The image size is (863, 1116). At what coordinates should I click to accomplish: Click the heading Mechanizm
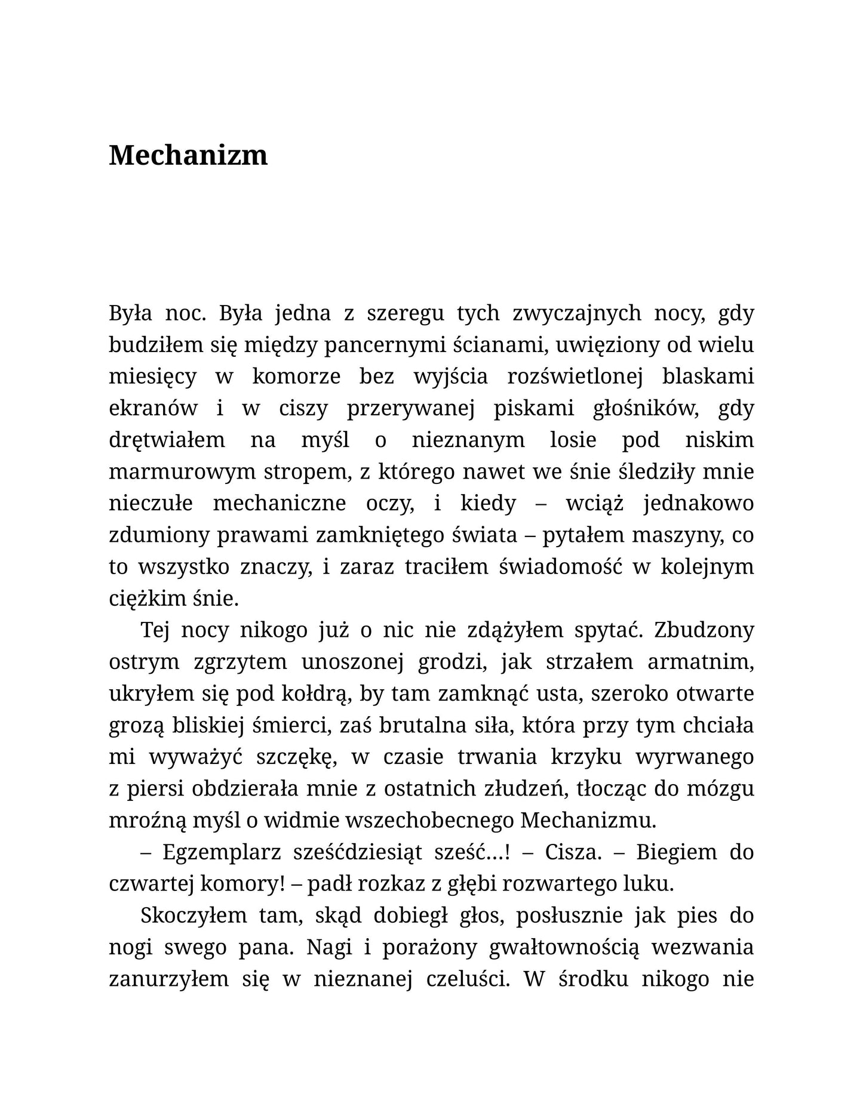(x=188, y=155)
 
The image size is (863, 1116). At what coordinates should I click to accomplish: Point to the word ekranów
(x=153, y=408)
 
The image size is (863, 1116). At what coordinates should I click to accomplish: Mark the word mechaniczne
(x=280, y=503)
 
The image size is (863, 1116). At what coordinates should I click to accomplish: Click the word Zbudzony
(x=704, y=630)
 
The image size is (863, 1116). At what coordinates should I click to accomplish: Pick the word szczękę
(x=298, y=757)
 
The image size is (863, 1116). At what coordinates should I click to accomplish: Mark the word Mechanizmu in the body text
(x=588, y=820)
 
